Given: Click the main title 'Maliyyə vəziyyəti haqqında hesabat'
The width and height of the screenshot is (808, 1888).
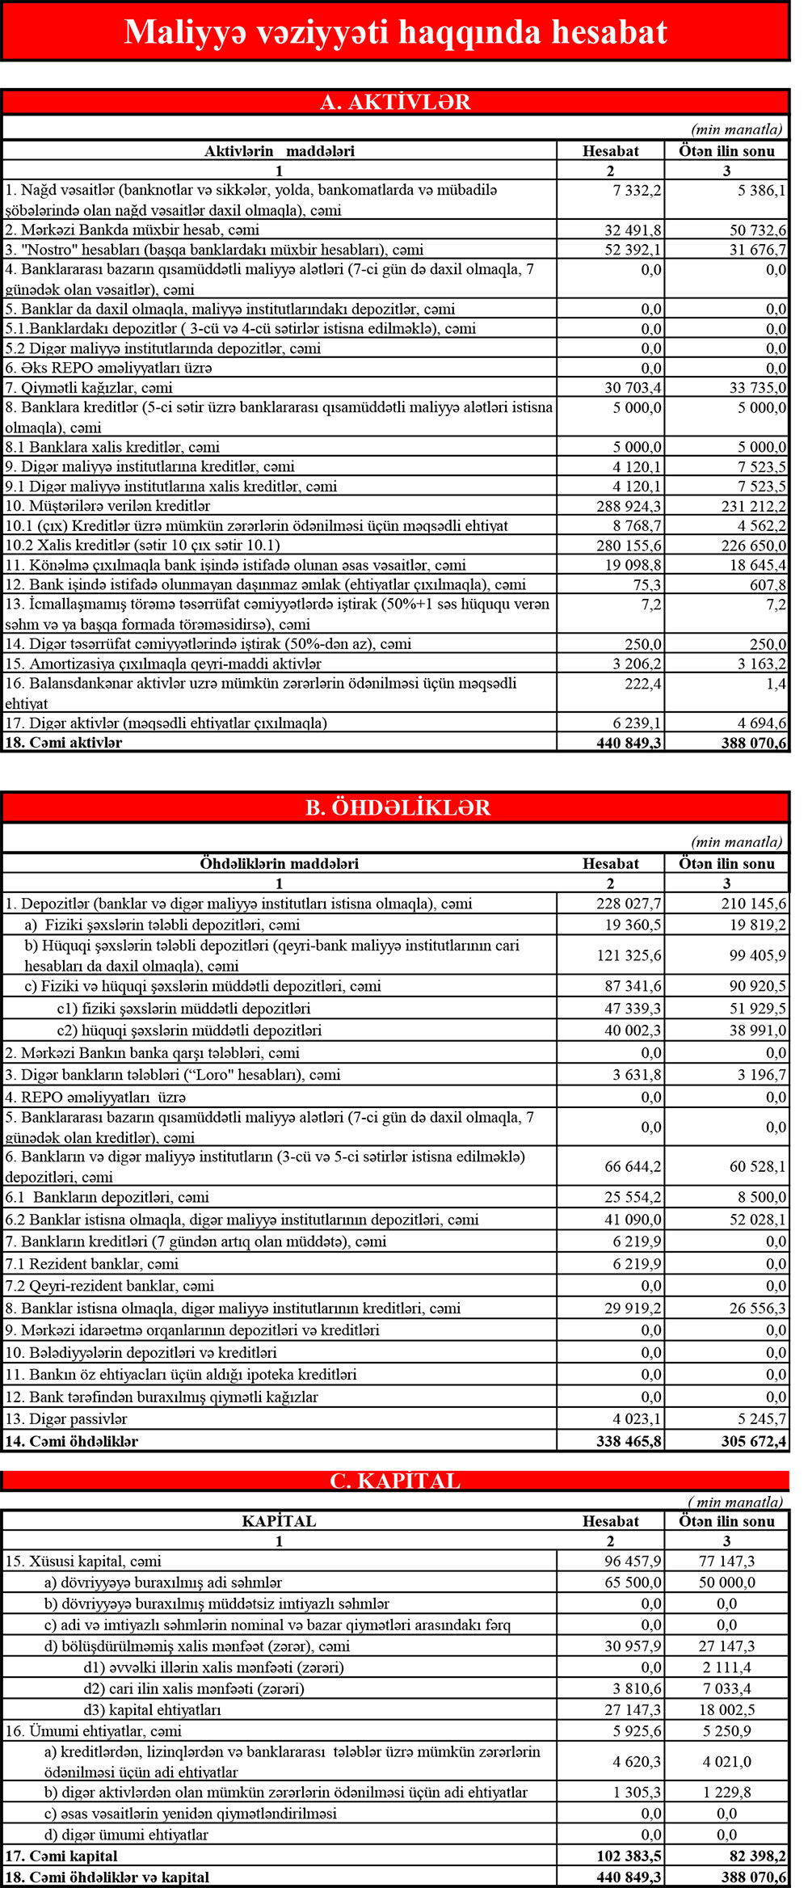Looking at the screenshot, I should tap(395, 32).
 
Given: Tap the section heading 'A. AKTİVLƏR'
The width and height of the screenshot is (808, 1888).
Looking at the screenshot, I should tap(395, 102).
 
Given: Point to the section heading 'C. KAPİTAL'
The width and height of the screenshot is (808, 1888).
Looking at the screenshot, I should tap(395, 1480).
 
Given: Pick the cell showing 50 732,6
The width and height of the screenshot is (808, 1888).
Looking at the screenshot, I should tap(757, 230).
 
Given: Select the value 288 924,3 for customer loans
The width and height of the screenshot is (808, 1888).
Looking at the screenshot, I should tap(629, 506).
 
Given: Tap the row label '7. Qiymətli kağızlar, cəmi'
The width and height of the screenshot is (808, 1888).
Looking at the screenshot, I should tap(89, 388).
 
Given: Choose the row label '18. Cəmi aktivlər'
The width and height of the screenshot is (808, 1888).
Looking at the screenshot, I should tap(64, 743).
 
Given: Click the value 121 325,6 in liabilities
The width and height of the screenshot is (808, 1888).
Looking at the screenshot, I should tap(629, 955).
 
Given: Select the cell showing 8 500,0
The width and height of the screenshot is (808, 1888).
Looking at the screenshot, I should tap(762, 1197).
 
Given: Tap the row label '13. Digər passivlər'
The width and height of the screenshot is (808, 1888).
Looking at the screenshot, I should tap(66, 1419).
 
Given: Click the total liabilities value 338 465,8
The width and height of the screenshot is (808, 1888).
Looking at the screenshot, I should tap(629, 1441).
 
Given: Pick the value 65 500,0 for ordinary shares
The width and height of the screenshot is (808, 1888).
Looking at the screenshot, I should tap(633, 1582).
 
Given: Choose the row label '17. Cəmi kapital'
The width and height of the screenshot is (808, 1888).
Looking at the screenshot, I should tap(61, 1856).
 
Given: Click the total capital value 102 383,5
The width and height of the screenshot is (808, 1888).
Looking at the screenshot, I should tap(629, 1856).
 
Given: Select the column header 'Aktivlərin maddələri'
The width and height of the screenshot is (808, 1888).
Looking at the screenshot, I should tap(279, 151).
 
